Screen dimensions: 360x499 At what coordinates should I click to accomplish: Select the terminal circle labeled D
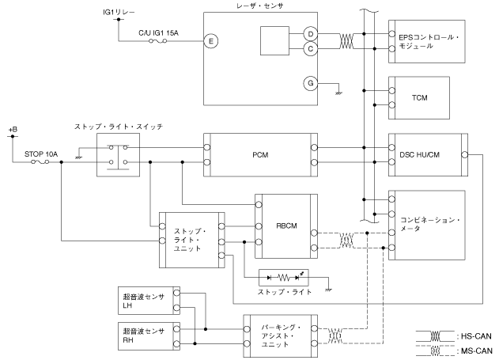(x=311, y=36)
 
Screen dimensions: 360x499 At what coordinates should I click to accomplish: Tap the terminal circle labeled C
(x=311, y=49)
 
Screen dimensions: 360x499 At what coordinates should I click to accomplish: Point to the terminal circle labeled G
(x=311, y=81)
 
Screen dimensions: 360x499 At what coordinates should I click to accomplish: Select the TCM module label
(x=419, y=97)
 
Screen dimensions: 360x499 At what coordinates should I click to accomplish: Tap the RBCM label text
(x=285, y=225)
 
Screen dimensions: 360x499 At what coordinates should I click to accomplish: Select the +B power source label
(x=12, y=127)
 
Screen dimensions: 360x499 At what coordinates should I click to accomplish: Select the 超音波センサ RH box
(x=148, y=334)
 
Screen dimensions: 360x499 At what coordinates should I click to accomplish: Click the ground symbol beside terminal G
(x=338, y=93)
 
